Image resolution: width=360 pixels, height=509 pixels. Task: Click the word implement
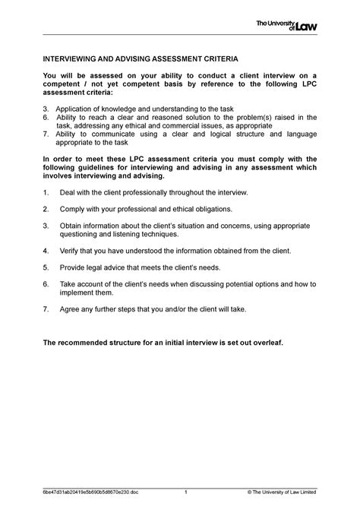pos(78,292)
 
